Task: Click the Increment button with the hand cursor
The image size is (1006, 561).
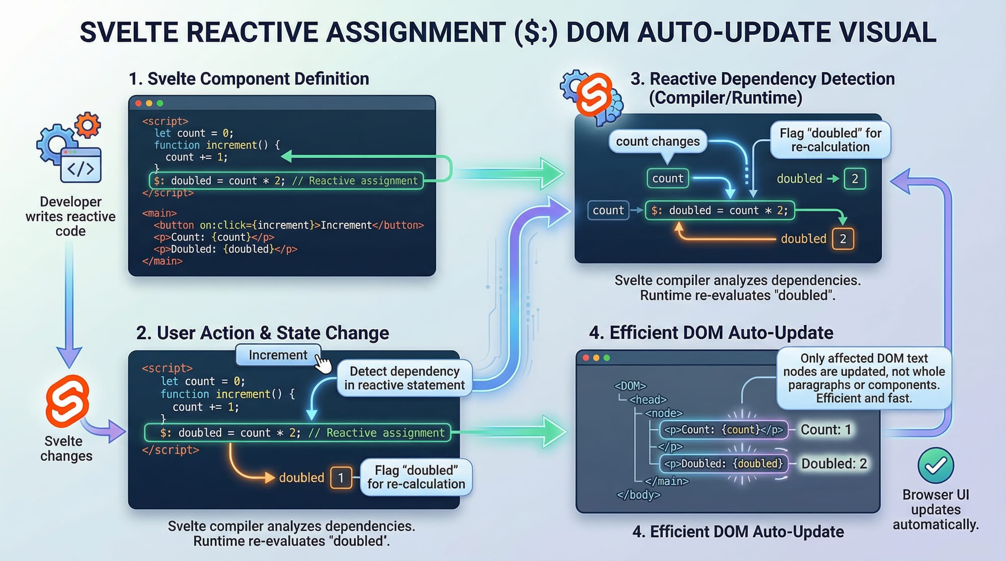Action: (278, 355)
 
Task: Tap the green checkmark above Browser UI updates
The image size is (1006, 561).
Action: (936, 465)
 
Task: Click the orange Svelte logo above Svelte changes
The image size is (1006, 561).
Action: (67, 401)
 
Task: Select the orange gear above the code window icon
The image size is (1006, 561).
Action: (88, 125)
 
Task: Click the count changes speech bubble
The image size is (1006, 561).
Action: (657, 142)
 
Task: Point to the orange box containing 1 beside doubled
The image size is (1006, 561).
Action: (341, 478)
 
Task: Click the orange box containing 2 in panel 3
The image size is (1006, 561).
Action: (843, 239)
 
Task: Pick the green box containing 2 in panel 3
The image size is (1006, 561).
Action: (855, 179)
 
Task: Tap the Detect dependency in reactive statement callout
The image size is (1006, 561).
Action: (404, 378)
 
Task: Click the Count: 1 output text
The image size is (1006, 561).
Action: (825, 430)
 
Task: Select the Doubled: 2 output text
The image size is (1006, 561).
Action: (834, 463)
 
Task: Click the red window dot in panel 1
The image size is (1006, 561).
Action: (138, 104)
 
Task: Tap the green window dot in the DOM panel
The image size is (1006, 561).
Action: (607, 358)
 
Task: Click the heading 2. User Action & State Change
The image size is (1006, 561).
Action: (263, 333)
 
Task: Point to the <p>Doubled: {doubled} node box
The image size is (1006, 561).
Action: (723, 463)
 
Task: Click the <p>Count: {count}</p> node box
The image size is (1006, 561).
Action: (723, 430)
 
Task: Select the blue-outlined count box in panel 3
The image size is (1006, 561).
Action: (608, 210)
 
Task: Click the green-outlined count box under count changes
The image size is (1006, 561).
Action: (667, 178)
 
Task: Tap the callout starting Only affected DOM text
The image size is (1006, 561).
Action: (864, 378)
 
